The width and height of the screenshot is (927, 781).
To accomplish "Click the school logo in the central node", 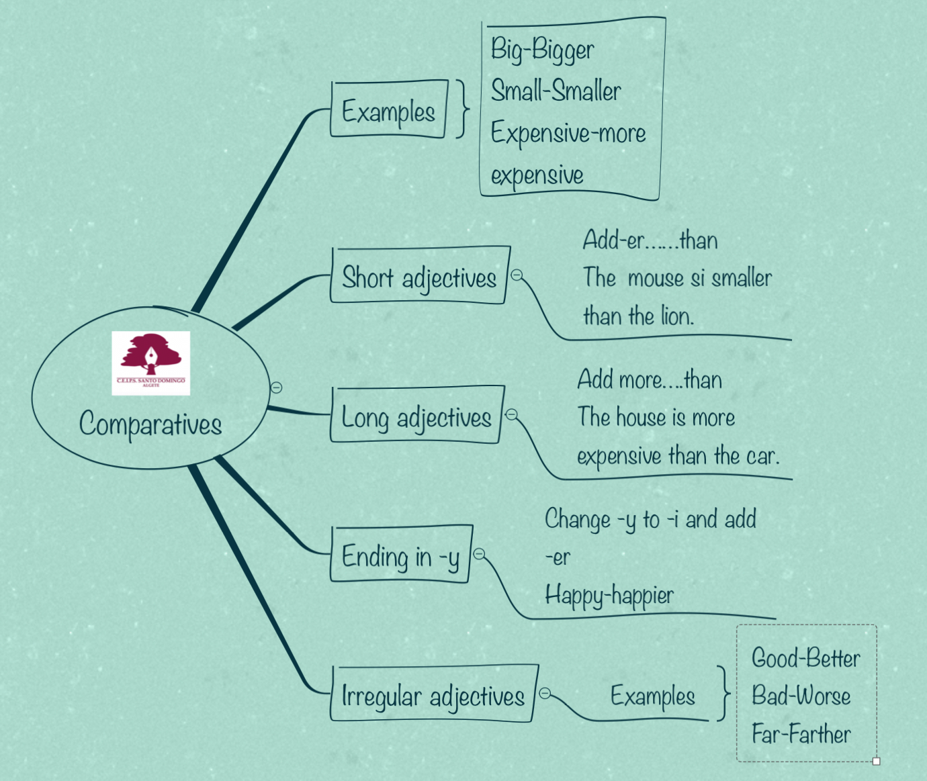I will point(150,363).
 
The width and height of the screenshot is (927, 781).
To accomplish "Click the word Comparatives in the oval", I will point(150,424).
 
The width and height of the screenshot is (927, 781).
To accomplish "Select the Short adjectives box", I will point(419,277).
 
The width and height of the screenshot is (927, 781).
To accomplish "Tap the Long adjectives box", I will point(416,416).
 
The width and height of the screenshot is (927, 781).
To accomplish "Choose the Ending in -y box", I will point(400,556).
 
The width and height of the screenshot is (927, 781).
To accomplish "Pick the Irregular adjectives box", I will point(433,696).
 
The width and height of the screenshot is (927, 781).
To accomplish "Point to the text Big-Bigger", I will point(542,50).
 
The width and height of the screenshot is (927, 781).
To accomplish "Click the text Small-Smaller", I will point(556,91).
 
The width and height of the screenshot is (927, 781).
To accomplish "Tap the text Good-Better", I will point(805,658).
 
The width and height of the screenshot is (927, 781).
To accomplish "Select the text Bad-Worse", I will point(801,696).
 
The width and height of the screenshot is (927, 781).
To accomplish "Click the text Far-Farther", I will point(801,733).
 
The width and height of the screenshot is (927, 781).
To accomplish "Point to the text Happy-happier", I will point(609,595).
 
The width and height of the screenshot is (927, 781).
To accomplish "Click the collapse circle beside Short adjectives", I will point(517,275).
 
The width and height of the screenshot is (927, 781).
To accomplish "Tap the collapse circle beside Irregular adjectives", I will point(545,693).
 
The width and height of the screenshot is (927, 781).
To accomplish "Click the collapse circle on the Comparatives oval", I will point(276,387).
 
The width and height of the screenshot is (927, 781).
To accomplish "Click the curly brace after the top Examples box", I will point(462,109).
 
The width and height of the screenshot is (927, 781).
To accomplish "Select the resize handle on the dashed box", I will point(876,761).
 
